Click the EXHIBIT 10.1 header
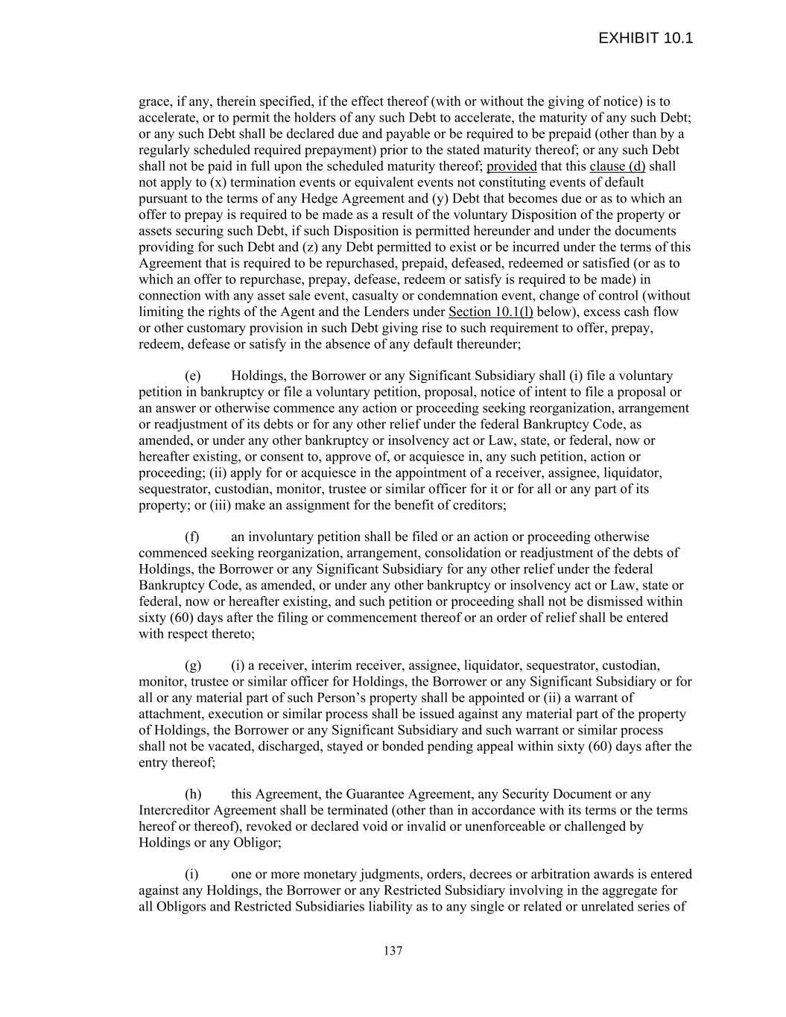point(645,38)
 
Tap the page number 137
point(393,951)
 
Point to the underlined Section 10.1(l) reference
point(490,311)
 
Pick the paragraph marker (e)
point(192,376)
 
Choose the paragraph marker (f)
point(191,536)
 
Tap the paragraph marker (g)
point(192,665)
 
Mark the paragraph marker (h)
point(192,794)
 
